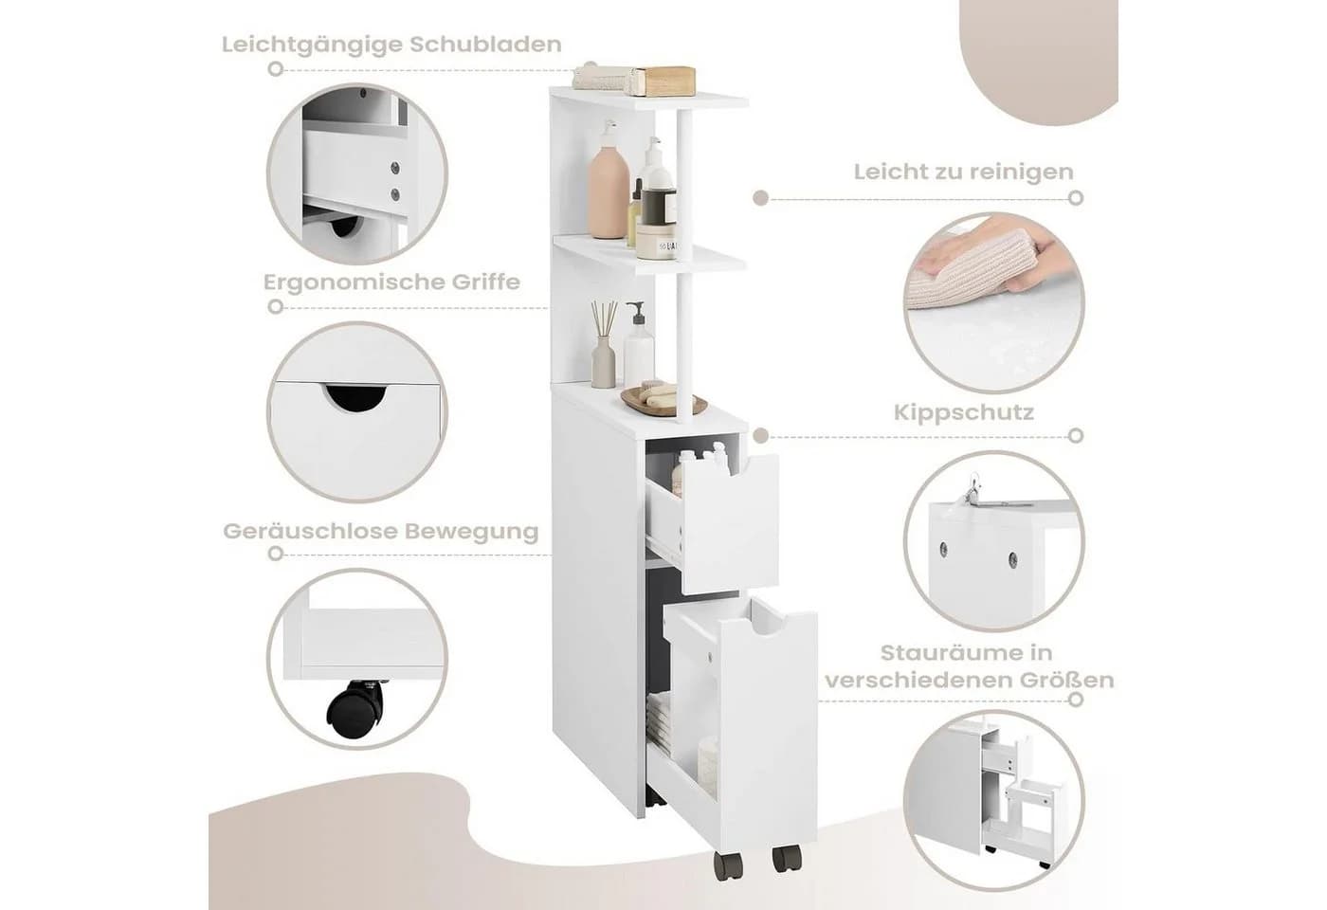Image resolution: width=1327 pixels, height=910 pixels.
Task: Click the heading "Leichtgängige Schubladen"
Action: coord(391,45)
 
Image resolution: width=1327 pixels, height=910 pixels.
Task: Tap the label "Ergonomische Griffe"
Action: coord(391,282)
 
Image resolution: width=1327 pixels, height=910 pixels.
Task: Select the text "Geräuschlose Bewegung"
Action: coord(381,532)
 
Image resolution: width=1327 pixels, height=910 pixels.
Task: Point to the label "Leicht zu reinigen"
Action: coord(963,173)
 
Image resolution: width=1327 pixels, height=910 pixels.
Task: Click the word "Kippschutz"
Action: coord(964,412)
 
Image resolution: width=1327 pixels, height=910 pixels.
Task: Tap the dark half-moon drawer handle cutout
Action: coord(354,397)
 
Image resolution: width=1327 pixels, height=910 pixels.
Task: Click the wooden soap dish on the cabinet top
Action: coord(663,401)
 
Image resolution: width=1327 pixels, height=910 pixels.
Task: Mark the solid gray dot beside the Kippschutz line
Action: coord(761,436)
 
